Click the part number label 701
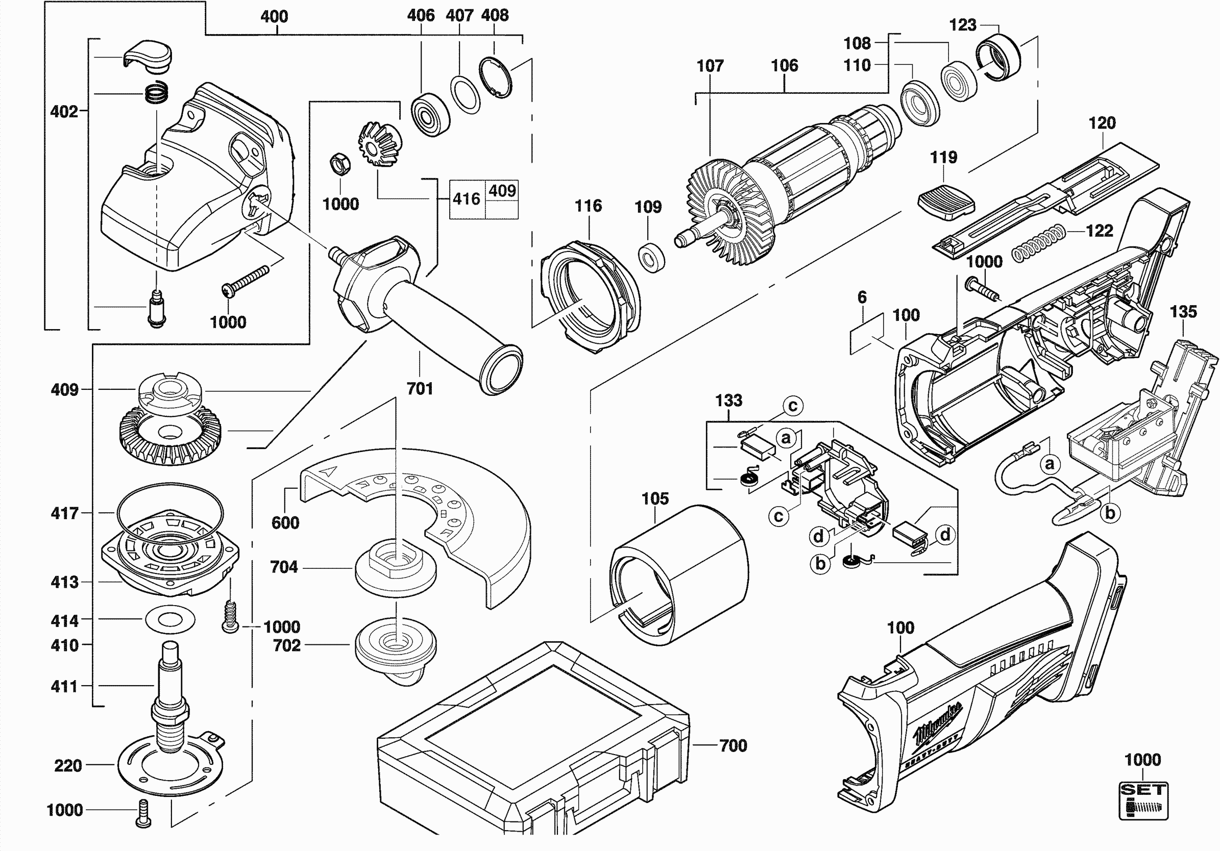click(420, 389)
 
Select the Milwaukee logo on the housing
click(938, 723)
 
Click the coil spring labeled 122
click(1038, 243)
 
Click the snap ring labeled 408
click(496, 78)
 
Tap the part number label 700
click(733, 746)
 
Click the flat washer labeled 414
click(170, 619)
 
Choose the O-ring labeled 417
click(170, 512)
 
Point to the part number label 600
click(285, 523)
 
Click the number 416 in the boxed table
click(467, 199)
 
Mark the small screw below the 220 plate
click(143, 813)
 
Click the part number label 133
click(728, 401)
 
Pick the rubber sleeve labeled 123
click(998, 57)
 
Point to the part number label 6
click(862, 297)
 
